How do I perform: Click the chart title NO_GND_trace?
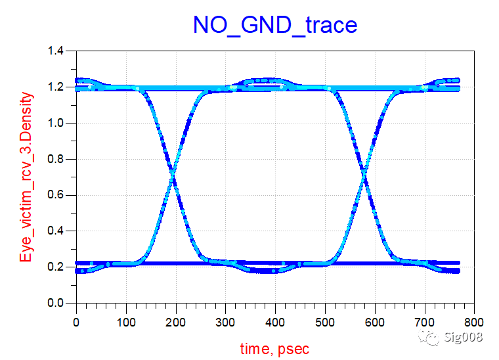pos(274,25)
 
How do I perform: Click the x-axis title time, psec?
pos(274,348)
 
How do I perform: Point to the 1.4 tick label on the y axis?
pos(58,51)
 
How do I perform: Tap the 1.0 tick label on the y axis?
pos(58,124)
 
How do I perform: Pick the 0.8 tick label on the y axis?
pos(58,160)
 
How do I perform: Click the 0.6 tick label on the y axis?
pos(58,196)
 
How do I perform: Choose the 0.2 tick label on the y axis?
pos(58,267)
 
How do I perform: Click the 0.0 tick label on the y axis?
pos(58,304)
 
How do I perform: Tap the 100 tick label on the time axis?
pos(126,323)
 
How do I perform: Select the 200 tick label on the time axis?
pos(176,323)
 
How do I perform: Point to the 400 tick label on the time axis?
pos(275,323)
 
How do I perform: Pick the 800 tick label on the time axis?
pos(474,323)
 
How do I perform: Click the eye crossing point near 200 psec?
pos(173,177)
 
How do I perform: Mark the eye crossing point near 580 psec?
pos(364,177)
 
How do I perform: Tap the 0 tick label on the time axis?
pos(77,323)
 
